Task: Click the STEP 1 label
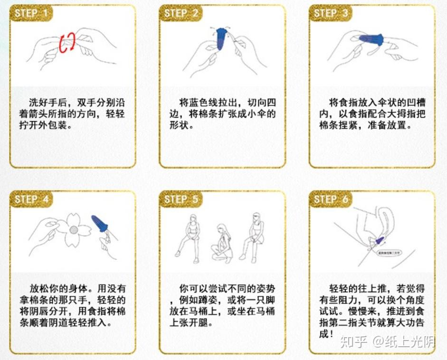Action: [x=31, y=13]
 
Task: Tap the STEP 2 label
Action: [x=181, y=13]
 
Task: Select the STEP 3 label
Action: [x=331, y=13]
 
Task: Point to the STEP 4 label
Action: [x=31, y=199]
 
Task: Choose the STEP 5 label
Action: [x=181, y=199]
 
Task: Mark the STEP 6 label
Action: [x=331, y=199]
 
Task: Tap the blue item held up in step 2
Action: [x=220, y=38]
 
